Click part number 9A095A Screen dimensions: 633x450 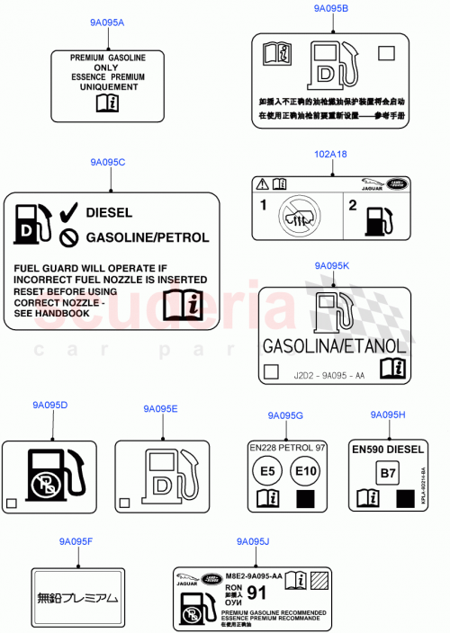click(108, 22)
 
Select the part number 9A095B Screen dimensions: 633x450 click(331, 8)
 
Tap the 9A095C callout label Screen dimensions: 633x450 click(108, 162)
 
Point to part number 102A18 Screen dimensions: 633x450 click(331, 154)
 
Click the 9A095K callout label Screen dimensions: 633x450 click(331, 266)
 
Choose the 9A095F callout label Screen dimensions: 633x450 click(76, 541)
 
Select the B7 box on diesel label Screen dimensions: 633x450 click(386, 470)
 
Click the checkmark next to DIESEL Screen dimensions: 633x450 click(68, 213)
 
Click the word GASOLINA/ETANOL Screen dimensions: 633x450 click(333, 345)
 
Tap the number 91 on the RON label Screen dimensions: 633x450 click(256, 593)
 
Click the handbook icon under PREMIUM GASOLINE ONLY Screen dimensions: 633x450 click(106, 103)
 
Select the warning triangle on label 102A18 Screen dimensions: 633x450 click(262, 183)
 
